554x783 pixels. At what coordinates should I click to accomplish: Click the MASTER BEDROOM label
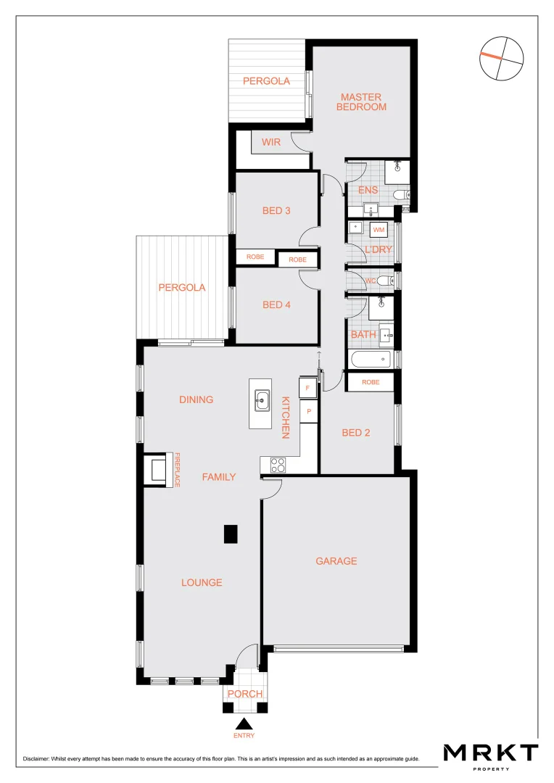click(361, 101)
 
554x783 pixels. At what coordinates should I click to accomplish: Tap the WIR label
click(271, 142)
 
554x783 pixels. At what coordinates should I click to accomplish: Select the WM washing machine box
click(378, 230)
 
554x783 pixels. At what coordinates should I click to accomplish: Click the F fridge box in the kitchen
click(308, 389)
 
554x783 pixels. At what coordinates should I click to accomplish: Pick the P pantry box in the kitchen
click(309, 411)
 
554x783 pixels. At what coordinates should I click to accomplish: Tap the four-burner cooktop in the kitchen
click(278, 465)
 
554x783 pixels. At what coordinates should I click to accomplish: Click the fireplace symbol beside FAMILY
click(157, 469)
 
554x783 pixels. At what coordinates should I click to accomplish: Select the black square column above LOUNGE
click(230, 534)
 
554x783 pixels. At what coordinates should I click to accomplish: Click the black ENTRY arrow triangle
click(244, 723)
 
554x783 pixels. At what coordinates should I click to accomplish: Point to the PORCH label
click(244, 694)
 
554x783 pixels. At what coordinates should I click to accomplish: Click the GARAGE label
click(336, 560)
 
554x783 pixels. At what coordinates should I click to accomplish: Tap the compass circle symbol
click(502, 58)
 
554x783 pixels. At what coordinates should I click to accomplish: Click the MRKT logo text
click(491, 753)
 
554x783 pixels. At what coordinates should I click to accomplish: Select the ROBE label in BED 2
click(371, 381)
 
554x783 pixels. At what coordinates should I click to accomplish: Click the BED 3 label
click(276, 211)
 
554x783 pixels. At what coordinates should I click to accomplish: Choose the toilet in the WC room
click(384, 281)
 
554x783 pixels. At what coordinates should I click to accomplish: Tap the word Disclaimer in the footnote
click(38, 758)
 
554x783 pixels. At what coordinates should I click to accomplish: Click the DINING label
click(196, 399)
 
